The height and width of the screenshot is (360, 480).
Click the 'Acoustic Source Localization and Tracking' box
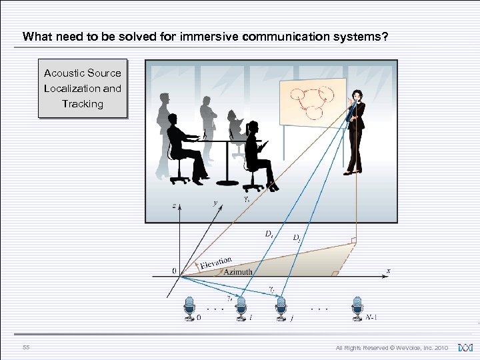pos(83,89)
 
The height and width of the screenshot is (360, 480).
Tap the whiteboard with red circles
pos(312,103)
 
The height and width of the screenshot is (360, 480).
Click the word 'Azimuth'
pos(238,272)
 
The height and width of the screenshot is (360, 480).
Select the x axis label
pos(389,271)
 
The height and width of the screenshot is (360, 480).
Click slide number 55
pos(25,347)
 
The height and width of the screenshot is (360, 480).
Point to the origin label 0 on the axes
pos(174,271)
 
